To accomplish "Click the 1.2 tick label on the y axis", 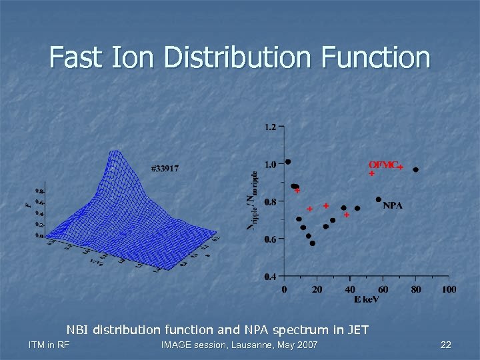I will (x=271, y=127).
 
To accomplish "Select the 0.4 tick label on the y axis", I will (x=271, y=277).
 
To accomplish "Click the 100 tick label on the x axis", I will (x=449, y=289).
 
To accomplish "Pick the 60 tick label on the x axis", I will (x=383, y=289).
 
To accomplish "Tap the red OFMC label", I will (x=383, y=165).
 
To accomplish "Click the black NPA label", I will (x=393, y=205).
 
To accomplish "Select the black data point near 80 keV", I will (x=416, y=170).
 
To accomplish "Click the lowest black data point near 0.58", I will (x=312, y=243).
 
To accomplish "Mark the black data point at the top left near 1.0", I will (x=288, y=161).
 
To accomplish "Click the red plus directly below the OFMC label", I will (x=371, y=173).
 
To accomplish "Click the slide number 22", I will (x=446, y=345).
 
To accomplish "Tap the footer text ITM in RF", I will (x=49, y=345).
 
